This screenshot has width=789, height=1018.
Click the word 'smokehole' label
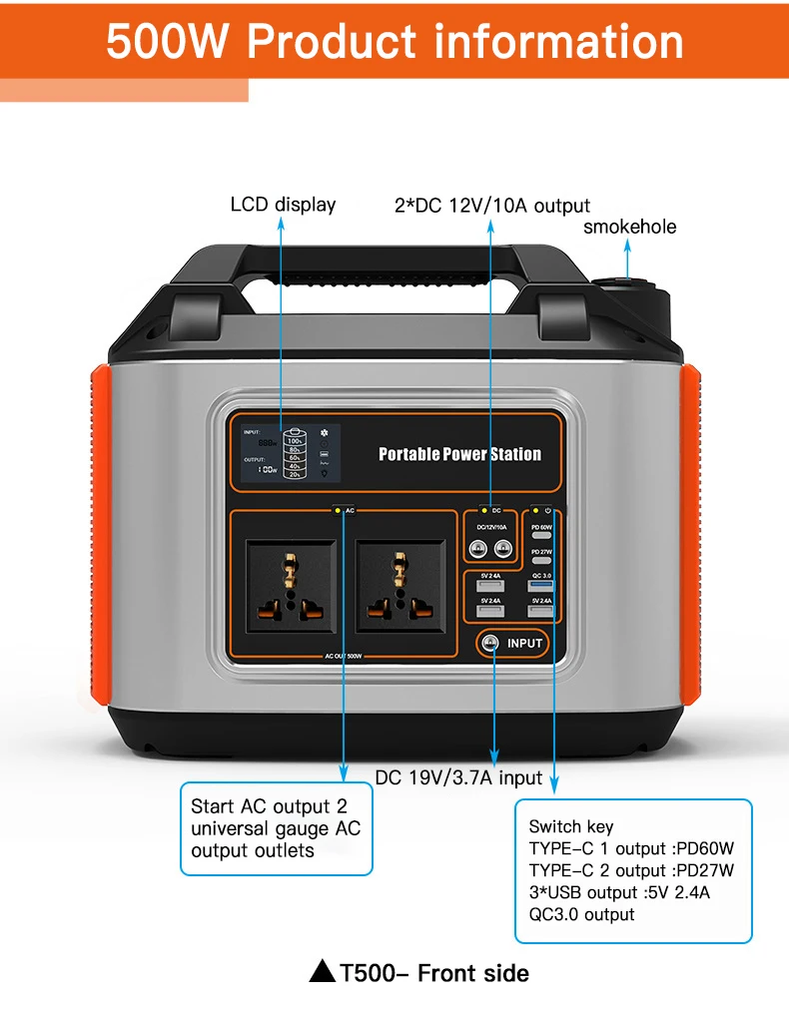point(629,227)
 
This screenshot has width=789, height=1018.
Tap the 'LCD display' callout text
point(283,205)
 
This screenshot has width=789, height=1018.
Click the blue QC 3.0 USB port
point(541,586)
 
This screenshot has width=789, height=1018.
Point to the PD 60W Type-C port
point(541,536)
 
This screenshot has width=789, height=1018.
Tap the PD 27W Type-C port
point(541,561)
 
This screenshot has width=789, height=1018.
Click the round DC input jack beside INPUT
point(489,643)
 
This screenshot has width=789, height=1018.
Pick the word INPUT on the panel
point(524,643)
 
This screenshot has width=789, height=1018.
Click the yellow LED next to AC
point(338,511)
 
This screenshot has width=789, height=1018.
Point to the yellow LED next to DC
point(484,511)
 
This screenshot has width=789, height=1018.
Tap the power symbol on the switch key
point(548,511)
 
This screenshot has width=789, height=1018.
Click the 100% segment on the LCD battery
point(295,440)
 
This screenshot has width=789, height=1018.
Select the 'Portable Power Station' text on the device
point(459,454)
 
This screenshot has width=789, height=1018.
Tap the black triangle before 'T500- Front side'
point(322,971)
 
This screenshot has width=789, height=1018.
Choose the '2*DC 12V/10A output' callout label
point(491,206)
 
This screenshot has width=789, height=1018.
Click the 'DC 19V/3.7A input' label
point(458,776)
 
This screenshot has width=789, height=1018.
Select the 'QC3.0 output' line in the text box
point(581,914)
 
